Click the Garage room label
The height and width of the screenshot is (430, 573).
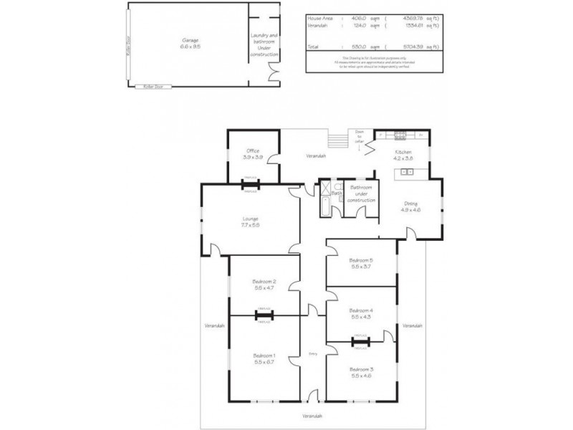coord(190,40)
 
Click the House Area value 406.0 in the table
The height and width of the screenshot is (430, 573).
coord(357,16)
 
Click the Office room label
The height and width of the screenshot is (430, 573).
coord(252,150)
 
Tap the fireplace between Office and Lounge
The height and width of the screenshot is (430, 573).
coord(251,183)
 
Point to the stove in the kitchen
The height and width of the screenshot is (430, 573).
coord(400,133)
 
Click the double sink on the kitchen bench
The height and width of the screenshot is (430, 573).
coord(408,172)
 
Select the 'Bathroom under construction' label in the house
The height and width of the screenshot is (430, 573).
coord(361,194)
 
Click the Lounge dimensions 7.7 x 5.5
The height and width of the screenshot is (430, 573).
coord(250,225)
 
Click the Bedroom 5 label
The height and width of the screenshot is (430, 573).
coord(360,260)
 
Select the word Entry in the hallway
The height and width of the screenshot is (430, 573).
coord(312,353)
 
